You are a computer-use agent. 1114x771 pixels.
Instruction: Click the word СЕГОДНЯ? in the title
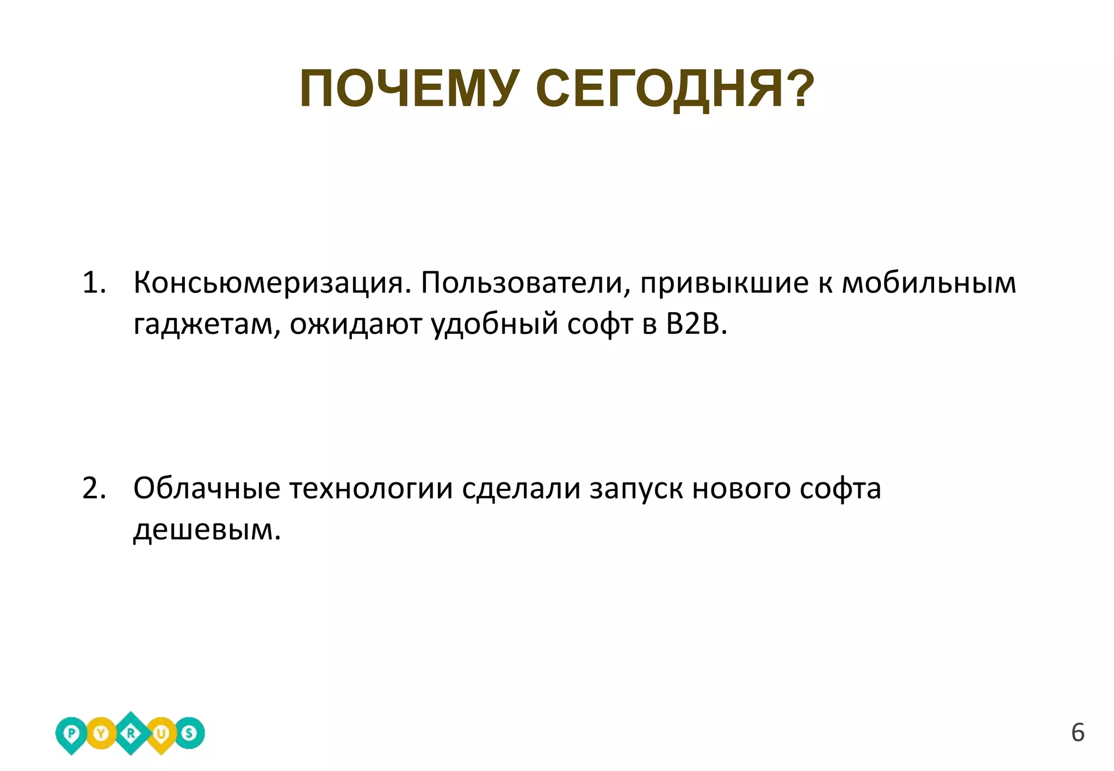pyautogui.click(x=674, y=89)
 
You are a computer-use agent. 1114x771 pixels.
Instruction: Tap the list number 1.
pyautogui.click(x=93, y=283)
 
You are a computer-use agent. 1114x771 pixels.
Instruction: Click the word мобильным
pyautogui.click(x=929, y=283)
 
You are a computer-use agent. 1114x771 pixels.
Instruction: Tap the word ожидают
pyautogui.click(x=356, y=325)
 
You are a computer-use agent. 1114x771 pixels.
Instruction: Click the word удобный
pyautogui.click(x=494, y=325)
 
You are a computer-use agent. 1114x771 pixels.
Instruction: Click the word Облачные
pyautogui.click(x=207, y=488)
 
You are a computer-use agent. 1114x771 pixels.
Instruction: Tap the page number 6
pyautogui.click(x=1078, y=733)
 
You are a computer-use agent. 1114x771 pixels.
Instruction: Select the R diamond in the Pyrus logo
pyautogui.click(x=131, y=733)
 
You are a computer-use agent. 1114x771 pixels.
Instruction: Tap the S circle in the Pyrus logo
pyautogui.click(x=189, y=733)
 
